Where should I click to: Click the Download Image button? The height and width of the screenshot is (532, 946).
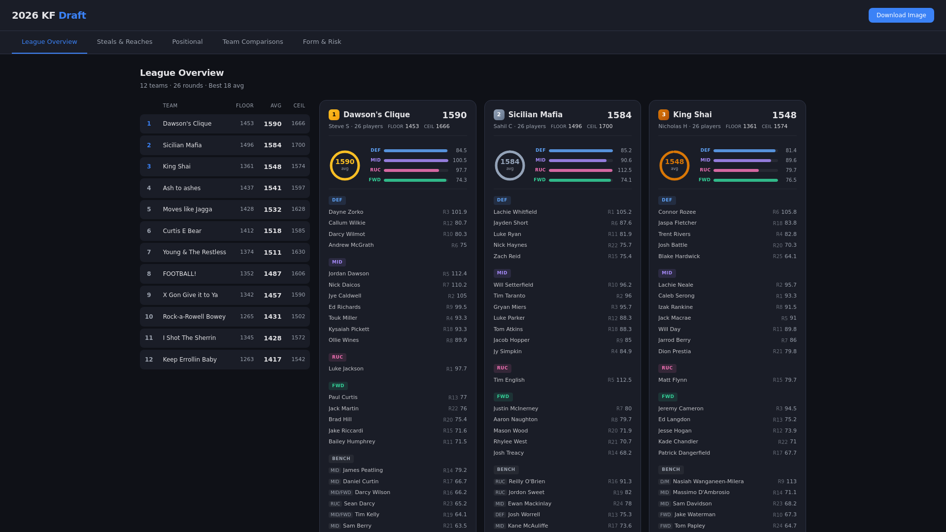tap(901, 15)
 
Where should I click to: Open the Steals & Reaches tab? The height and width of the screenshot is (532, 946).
tap(125, 42)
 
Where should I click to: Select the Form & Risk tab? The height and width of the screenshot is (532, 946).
tap(322, 42)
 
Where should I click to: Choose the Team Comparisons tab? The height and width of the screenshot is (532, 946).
tap(252, 42)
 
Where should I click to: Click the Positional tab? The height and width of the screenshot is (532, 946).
tap(187, 42)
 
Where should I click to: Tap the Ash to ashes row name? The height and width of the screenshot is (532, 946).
tap(181, 188)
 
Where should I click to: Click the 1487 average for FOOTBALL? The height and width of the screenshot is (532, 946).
tap(272, 274)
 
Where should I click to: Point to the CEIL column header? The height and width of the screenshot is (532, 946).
tap(299, 106)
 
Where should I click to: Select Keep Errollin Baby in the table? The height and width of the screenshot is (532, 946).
tap(190, 360)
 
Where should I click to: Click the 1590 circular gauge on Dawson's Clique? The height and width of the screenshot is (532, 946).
tap(344, 165)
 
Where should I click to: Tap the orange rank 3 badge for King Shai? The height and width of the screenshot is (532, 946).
tap(663, 115)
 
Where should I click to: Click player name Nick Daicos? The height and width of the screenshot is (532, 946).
tap(344, 285)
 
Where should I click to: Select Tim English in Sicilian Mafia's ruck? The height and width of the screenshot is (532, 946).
tap(508, 380)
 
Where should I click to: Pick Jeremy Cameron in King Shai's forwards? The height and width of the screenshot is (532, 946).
tap(680, 409)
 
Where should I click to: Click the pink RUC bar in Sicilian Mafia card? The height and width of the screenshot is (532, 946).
tap(580, 170)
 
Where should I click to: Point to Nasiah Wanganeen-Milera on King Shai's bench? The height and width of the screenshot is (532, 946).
tap(708, 482)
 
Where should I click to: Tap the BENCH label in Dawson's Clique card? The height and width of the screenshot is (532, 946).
tap(340, 459)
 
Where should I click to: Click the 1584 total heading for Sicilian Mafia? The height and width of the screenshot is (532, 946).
tap(619, 115)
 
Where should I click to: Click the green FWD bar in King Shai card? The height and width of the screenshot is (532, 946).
tap(745, 180)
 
